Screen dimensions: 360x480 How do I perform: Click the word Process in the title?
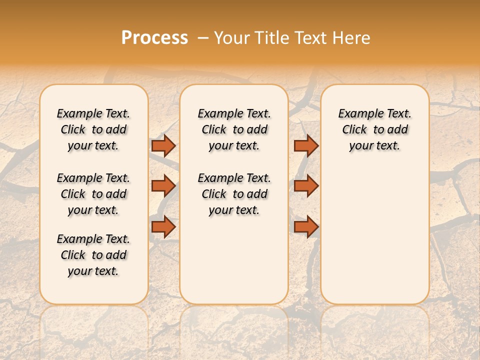tap(154, 37)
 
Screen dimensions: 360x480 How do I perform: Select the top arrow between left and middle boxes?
tap(163, 145)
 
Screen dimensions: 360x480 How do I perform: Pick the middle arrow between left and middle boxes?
tap(163, 186)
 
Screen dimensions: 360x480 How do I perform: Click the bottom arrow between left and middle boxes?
tap(163, 227)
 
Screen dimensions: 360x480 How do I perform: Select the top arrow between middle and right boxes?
tap(306, 145)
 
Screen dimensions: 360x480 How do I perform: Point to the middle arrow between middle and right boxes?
tap(306, 186)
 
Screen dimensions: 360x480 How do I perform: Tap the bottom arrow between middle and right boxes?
tap(306, 227)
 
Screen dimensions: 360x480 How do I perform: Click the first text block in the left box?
tap(93, 129)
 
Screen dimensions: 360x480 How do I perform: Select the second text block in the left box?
tap(93, 194)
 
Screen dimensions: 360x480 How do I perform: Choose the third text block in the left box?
tap(93, 255)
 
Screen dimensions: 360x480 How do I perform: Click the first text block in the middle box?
tap(234, 129)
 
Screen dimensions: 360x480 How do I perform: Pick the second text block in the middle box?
tap(234, 194)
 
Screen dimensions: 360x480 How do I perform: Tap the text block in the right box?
tap(374, 129)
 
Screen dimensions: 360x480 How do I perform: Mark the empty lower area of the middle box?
tap(234, 260)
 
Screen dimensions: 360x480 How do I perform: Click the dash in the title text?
tap(203, 37)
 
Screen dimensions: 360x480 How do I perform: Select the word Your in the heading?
tap(232, 37)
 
